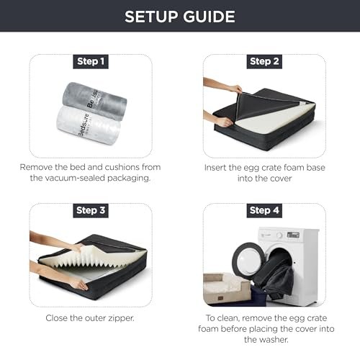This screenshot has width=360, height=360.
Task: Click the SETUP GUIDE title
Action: click(180, 17)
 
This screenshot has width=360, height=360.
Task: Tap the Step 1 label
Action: click(91, 62)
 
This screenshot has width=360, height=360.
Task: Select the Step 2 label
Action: click(264, 62)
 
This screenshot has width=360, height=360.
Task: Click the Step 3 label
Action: click(91, 211)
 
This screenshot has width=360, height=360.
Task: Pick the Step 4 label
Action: click(264, 211)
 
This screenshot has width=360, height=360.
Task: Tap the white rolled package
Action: click(89, 125)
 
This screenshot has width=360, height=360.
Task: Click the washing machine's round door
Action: click(248, 260)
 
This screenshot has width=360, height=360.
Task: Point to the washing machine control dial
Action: click(279, 235)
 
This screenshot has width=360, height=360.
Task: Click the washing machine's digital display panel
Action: click(293, 235)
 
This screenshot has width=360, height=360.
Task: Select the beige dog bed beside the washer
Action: click(227, 288)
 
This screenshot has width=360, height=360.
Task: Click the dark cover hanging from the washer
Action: click(276, 276)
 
